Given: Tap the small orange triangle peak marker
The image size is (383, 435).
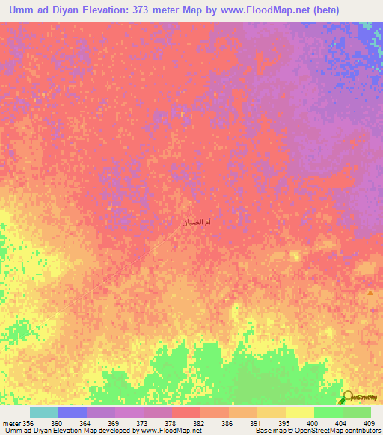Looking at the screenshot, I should (x=370, y=293).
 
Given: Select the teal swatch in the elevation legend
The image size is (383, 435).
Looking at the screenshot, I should (x=44, y=412).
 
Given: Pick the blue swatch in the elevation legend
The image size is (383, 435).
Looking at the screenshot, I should (x=73, y=412).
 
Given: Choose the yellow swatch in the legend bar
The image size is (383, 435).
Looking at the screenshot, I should (x=299, y=412).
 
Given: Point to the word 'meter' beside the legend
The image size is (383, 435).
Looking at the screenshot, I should (x=12, y=422).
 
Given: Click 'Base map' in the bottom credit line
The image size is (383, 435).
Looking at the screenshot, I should (x=269, y=431).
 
